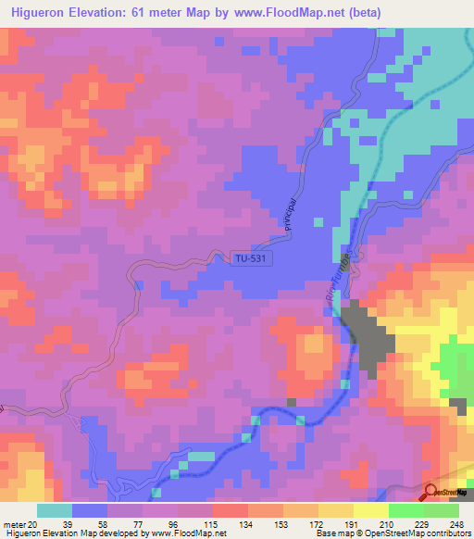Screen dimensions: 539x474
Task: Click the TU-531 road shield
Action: [x=247, y=261]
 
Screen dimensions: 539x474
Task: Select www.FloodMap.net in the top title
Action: [x=284, y=13]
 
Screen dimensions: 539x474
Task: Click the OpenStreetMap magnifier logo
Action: [x=430, y=493]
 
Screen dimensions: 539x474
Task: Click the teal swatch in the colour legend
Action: [x=55, y=510]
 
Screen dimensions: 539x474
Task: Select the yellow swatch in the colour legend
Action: [x=370, y=510]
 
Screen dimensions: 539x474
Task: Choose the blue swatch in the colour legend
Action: [x=90, y=510]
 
